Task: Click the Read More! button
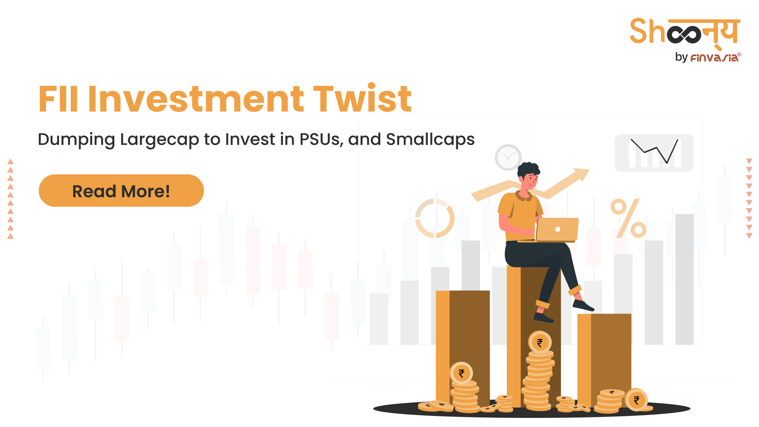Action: click(121, 191)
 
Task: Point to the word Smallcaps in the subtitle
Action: click(430, 140)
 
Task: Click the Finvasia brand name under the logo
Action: click(715, 58)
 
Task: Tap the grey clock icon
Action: click(508, 157)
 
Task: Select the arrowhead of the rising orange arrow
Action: click(582, 174)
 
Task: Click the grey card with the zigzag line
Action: click(654, 153)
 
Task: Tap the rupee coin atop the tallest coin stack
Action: click(540, 342)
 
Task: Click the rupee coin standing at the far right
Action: click(636, 400)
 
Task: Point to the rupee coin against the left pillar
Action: click(461, 373)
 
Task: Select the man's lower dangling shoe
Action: click(544, 317)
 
